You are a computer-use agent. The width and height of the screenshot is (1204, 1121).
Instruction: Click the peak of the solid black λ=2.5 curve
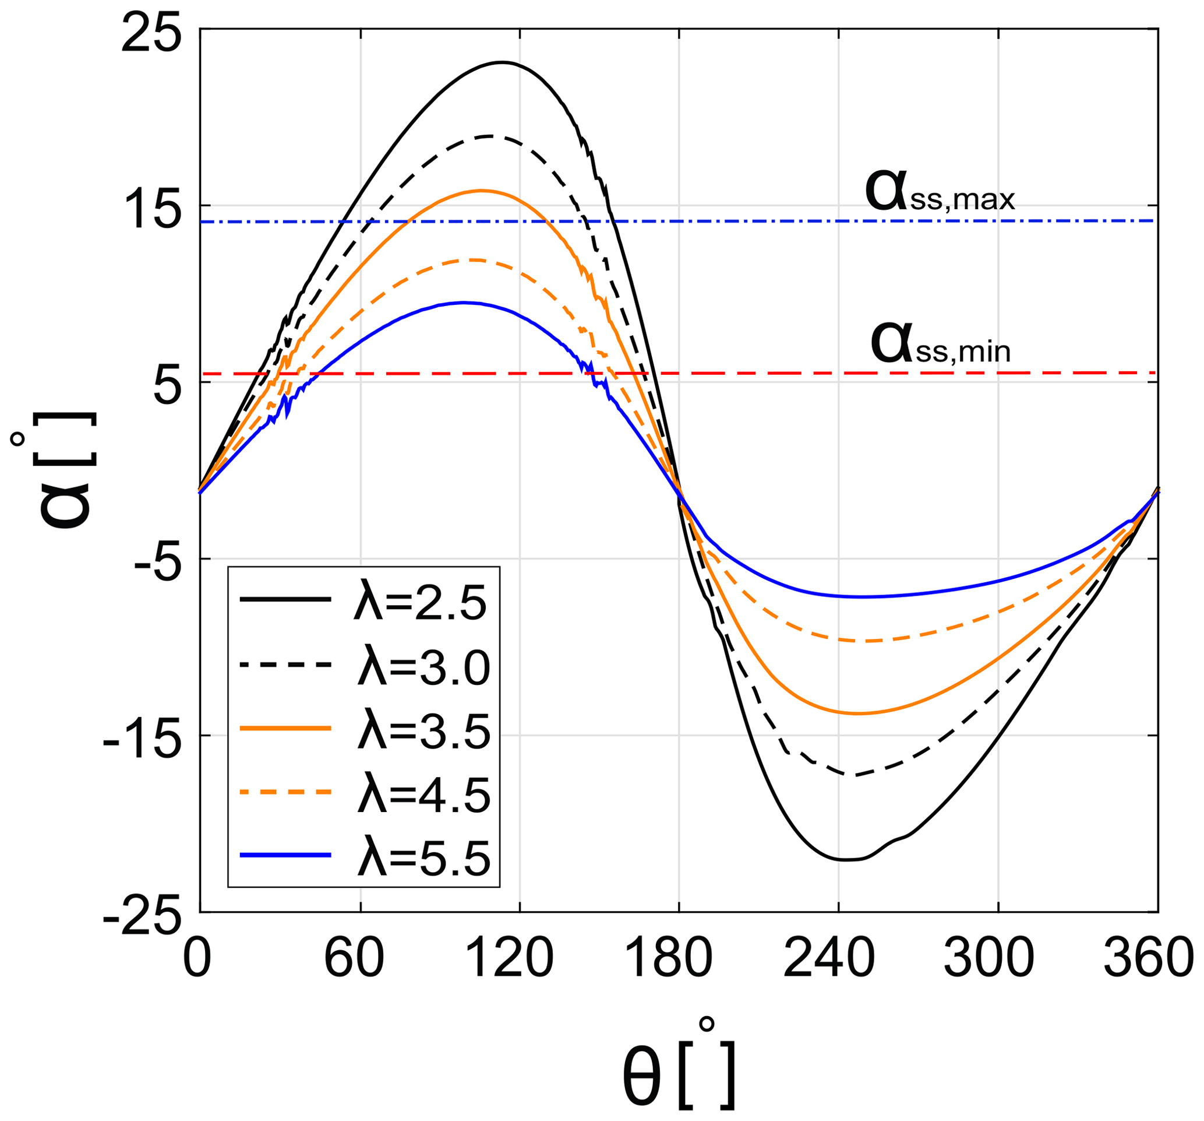pyautogui.click(x=502, y=62)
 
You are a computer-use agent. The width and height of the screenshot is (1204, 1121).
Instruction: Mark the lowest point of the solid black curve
pyautogui.click(x=845, y=860)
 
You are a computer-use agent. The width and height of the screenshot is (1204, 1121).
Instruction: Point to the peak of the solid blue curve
pyautogui.click(x=464, y=303)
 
